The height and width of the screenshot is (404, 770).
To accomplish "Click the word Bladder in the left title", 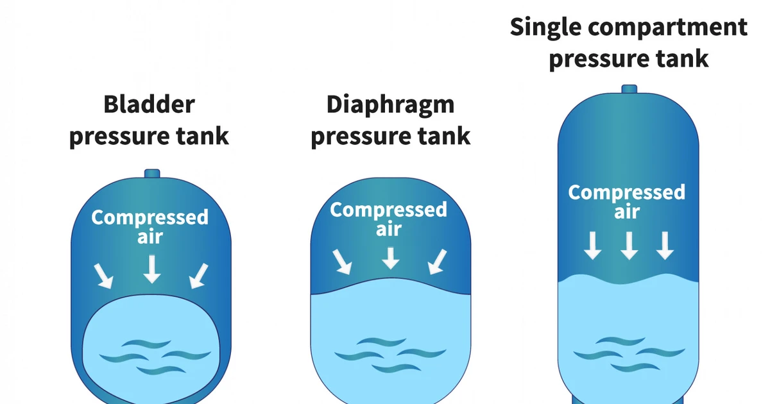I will pos(149,105).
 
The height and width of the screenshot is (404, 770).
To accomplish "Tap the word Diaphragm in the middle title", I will pos(390,105).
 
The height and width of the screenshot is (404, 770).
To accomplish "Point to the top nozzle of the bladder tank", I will pos(151,174).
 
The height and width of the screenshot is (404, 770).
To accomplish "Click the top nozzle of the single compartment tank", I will pos(629,89).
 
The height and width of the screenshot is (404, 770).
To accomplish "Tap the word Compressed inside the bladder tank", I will pos(150,217).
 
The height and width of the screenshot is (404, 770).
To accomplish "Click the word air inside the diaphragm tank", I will pos(389,230).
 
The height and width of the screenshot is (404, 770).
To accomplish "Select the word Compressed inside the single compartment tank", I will pos(627,192).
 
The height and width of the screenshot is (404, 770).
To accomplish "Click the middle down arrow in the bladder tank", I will pos(151,268).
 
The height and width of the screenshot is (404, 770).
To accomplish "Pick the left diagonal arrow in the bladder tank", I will pos(103,275).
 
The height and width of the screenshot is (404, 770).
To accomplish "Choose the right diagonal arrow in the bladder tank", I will pos(199,275).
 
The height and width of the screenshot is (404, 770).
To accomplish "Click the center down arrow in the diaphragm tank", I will pos(390,257).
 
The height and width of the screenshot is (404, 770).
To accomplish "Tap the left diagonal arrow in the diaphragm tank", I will pos(341,262).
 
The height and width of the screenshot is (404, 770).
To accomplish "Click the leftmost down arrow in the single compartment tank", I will pos(593,245).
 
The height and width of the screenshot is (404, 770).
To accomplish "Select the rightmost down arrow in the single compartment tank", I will pos(665,245).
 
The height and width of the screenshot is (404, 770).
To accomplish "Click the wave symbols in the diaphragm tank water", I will pos(390,355).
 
